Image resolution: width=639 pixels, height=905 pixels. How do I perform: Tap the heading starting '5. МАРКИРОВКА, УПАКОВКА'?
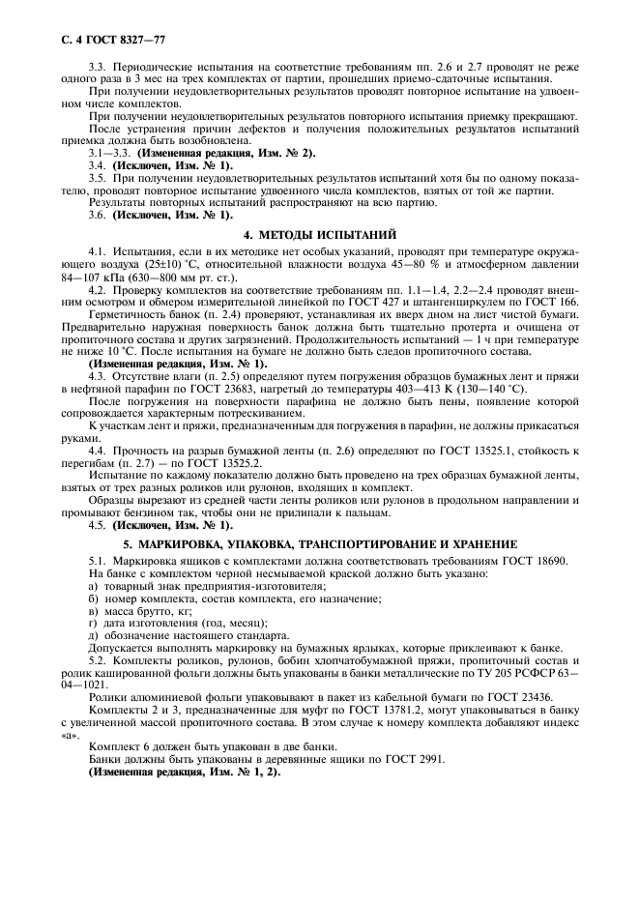(x=319, y=543)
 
